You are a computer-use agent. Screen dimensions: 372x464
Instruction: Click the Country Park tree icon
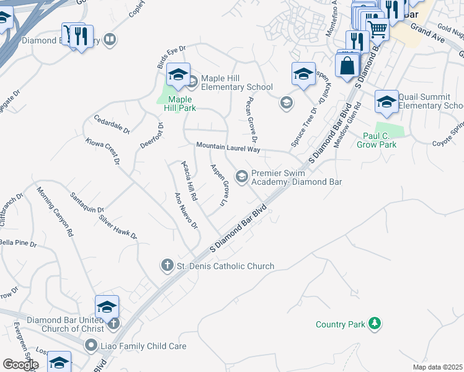click(x=374, y=323)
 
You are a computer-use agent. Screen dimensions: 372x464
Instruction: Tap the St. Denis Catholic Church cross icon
click(x=167, y=266)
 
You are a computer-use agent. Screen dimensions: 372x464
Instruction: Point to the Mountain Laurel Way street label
click(x=228, y=147)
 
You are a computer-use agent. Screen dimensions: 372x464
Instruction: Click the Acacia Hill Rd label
click(x=189, y=180)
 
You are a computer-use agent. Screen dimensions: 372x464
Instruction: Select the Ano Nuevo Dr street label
click(x=186, y=210)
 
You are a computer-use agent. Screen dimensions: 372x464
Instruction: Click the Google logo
click(x=19, y=365)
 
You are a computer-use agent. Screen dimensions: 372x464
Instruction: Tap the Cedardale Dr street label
click(x=112, y=124)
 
